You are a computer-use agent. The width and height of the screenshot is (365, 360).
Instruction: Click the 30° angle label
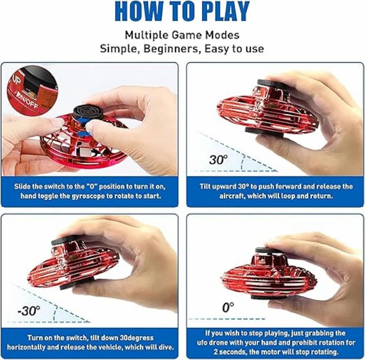coord(218,159)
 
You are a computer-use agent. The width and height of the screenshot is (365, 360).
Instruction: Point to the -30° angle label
coord(29,311)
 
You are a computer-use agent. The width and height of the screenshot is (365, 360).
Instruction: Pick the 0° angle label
coord(228,307)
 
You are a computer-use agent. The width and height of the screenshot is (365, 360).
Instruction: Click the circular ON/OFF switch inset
coord(32,90)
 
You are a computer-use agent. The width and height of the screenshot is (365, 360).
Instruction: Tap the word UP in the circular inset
coord(16,81)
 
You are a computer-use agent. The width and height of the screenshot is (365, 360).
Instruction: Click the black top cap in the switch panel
coord(88,113)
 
